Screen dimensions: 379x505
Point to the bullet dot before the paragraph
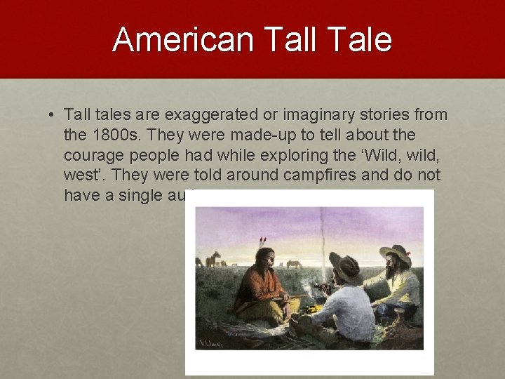pos(53,114)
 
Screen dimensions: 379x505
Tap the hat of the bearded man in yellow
pos(395,253)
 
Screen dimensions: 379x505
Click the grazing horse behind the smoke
pos(295,265)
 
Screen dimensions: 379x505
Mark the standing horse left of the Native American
pos(213,259)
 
